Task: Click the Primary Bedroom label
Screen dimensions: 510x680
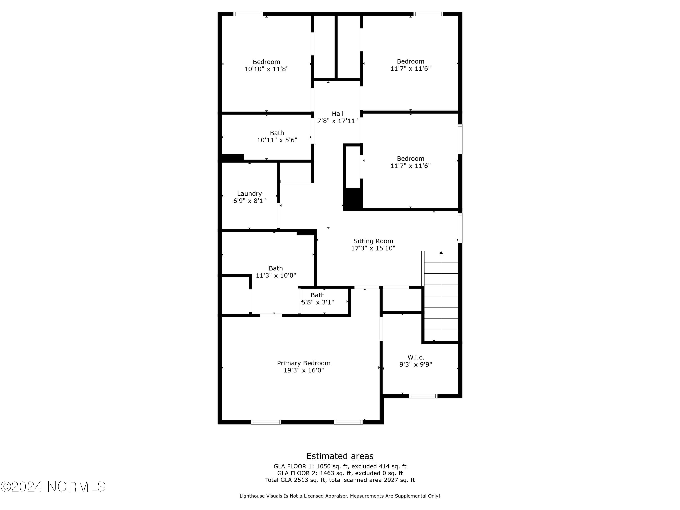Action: click(304, 363)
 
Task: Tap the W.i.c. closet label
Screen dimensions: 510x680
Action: click(416, 357)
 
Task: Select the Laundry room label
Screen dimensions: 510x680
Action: click(249, 194)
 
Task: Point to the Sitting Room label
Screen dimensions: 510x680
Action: click(373, 241)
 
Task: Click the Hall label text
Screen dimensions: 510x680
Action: click(338, 114)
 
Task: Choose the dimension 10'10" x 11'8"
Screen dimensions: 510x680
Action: click(266, 69)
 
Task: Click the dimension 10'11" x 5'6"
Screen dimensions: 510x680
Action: click(277, 140)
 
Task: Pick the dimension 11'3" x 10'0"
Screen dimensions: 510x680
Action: click(276, 275)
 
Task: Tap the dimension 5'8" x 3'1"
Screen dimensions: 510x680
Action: click(318, 302)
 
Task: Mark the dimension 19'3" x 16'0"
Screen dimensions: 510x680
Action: click(304, 370)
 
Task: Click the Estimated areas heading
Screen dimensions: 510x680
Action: click(340, 456)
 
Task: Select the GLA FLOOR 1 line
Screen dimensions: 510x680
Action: click(340, 466)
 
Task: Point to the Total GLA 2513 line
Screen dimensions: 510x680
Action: click(340, 480)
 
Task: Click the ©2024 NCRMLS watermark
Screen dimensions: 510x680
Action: click(53, 487)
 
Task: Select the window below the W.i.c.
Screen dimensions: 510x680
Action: click(423, 396)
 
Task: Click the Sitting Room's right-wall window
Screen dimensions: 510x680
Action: click(460, 228)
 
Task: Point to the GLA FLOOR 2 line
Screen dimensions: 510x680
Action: click(340, 473)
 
